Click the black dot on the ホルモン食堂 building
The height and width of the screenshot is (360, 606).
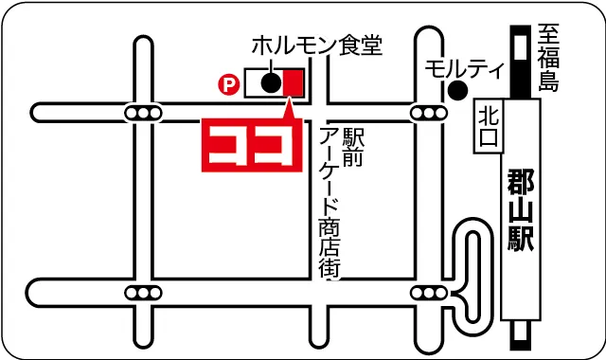pos(270,82)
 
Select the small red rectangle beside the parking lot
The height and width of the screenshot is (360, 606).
pos(293,82)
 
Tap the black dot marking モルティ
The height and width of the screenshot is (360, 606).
pos(457,91)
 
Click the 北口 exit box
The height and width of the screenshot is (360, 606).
pos(487,125)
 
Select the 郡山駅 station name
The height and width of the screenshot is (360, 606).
pos(520,208)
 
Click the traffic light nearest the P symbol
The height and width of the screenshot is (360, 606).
pos(143,114)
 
